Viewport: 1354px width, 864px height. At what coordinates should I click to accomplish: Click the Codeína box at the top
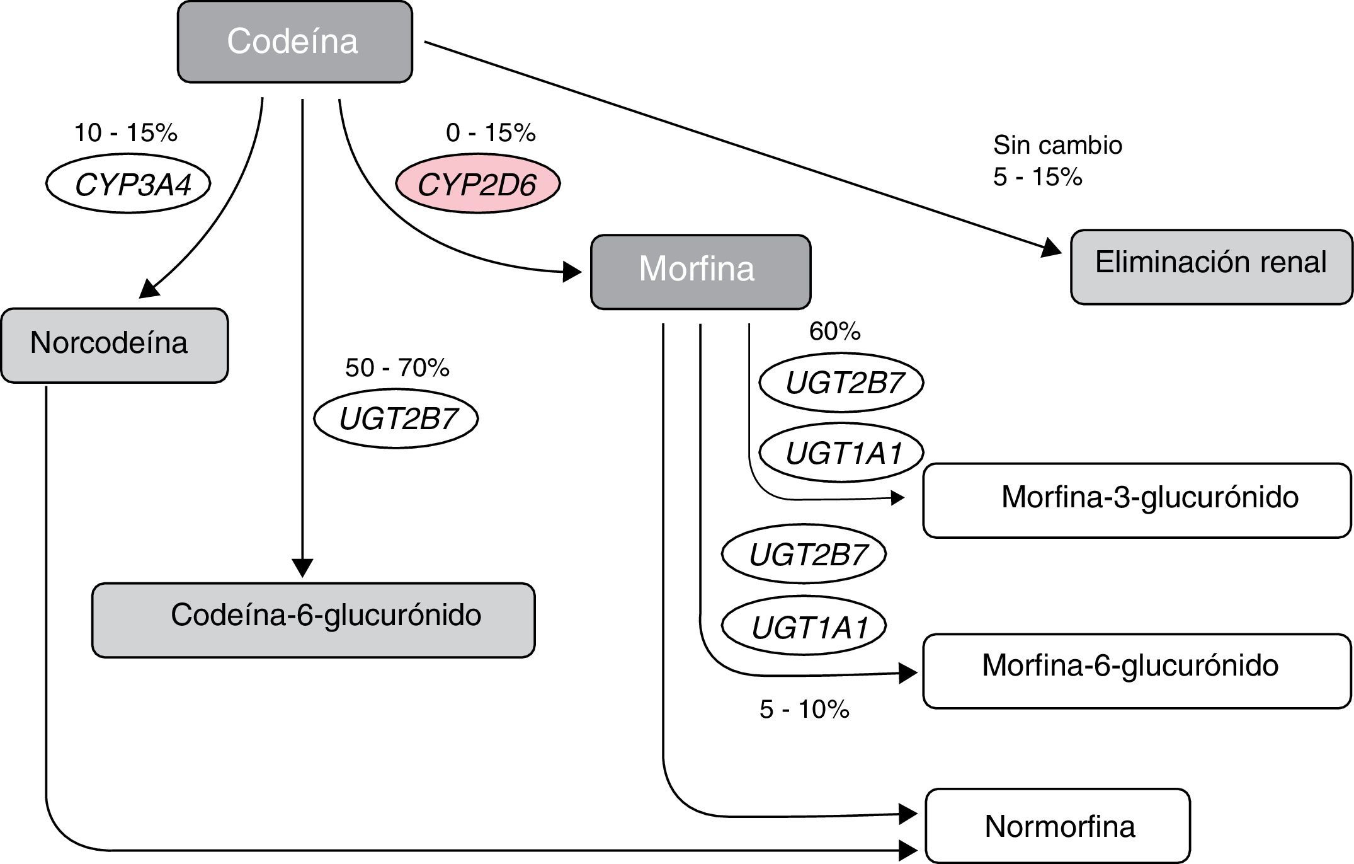click(x=295, y=42)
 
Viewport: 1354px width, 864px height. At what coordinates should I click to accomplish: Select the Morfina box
click(x=700, y=271)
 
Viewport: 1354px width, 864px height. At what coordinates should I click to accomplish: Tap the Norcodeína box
click(x=114, y=345)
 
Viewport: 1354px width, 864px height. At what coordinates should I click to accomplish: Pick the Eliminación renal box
click(x=1211, y=267)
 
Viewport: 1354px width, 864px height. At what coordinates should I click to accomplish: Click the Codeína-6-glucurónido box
click(x=313, y=619)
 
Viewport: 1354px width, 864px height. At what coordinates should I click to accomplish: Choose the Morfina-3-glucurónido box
click(x=1137, y=500)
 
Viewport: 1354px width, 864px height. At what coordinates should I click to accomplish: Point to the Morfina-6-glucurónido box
click(x=1137, y=671)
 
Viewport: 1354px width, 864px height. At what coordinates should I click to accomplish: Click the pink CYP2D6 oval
click(x=477, y=183)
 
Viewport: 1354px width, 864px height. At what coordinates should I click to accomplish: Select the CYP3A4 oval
click(x=128, y=183)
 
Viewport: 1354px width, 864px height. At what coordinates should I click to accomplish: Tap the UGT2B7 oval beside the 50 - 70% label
click(x=396, y=418)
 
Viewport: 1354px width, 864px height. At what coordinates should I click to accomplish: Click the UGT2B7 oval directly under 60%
click(x=841, y=382)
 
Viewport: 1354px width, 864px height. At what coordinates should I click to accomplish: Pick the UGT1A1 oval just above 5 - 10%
click(x=804, y=626)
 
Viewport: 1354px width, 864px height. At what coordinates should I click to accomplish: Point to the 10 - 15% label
click(x=125, y=133)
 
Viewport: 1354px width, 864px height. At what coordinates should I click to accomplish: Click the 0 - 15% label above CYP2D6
click(x=491, y=133)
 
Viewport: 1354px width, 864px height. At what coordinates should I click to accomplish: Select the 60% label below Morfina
click(x=834, y=331)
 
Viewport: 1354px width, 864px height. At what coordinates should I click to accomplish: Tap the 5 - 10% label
click(x=804, y=710)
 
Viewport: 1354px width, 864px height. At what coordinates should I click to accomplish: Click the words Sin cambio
click(x=1057, y=146)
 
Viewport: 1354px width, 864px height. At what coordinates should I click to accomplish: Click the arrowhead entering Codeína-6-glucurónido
click(x=303, y=568)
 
